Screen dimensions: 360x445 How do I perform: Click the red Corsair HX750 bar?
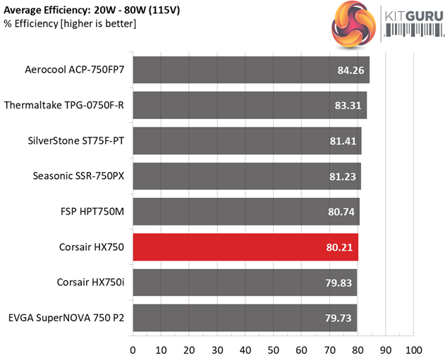tap(245, 247)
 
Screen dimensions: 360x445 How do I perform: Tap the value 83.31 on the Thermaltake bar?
tap(348, 106)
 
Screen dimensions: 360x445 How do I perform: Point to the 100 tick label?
tap(413, 349)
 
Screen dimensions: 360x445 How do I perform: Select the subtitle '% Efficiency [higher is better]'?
tap(69, 25)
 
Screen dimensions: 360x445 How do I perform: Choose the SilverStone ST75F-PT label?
tap(74, 141)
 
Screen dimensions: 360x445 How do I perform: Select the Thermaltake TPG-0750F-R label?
tap(64, 106)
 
